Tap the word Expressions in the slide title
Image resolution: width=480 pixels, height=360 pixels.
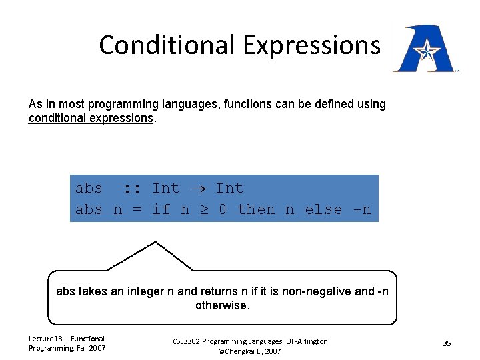coord(311,45)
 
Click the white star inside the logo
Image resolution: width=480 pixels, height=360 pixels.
coord(424,49)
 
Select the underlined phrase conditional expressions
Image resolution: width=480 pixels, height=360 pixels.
coord(91,118)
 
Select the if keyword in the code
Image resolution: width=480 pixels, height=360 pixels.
coord(161,209)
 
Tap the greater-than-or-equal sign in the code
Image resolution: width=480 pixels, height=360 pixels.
coord(204,209)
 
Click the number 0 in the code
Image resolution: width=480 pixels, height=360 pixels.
coord(223,209)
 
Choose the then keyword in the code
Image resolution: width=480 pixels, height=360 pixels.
coord(256,209)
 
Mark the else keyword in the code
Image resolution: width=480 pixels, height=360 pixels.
coord(323,209)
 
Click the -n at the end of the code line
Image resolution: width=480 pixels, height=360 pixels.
coord(362,209)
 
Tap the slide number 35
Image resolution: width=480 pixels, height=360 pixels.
coord(447,343)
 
